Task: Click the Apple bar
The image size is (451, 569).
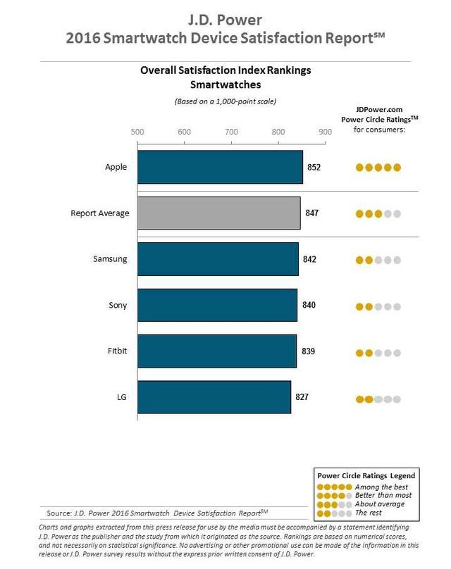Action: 220,168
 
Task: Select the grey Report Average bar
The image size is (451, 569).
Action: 218,213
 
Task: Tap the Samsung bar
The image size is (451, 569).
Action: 218,259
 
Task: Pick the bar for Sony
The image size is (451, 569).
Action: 217,305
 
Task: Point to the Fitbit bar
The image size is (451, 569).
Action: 216,351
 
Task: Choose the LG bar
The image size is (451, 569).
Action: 214,397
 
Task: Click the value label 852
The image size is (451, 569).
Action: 314,168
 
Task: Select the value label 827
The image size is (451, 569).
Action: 302,397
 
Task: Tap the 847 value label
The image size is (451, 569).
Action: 311,213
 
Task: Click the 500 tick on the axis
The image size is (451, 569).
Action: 137,131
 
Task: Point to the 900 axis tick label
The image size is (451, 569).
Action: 325,131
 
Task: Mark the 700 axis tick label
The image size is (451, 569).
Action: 231,131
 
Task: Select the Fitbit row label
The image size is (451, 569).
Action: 116,351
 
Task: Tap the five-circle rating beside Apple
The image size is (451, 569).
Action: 378,168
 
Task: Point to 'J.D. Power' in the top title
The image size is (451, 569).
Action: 225,15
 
